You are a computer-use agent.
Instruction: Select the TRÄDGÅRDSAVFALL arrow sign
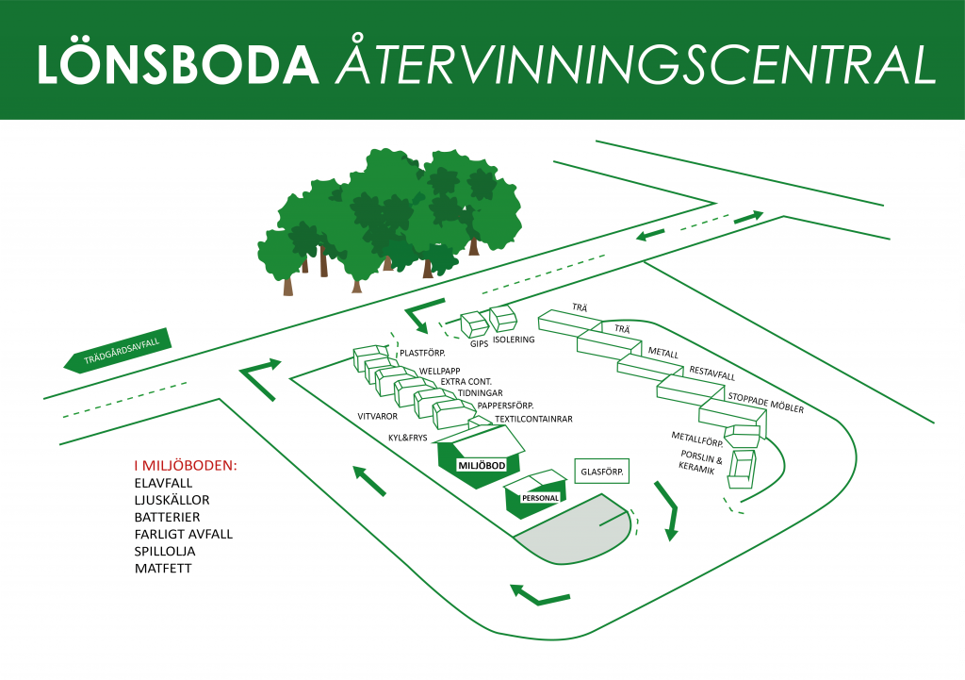click(x=117, y=351)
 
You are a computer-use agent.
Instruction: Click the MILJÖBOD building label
click(x=482, y=466)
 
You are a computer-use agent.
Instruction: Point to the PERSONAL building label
click(x=540, y=498)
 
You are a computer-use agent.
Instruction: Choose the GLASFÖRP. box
click(x=602, y=472)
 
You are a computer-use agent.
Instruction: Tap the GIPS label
click(x=479, y=343)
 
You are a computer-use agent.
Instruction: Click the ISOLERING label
click(x=514, y=340)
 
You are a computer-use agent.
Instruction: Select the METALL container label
click(x=662, y=353)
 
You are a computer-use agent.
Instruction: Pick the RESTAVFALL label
click(x=712, y=373)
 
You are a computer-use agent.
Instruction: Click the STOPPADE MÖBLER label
click(x=765, y=403)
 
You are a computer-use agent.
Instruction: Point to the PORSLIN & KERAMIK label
click(x=700, y=462)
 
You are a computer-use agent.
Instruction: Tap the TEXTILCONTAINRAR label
click(x=533, y=419)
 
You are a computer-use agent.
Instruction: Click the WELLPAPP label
click(x=439, y=371)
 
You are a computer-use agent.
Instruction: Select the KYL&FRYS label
click(x=407, y=438)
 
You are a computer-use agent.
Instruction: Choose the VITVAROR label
click(x=377, y=416)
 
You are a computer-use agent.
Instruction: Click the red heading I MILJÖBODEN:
click(x=186, y=466)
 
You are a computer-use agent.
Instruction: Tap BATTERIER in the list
click(x=167, y=517)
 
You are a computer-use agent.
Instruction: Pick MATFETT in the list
click(x=163, y=568)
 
